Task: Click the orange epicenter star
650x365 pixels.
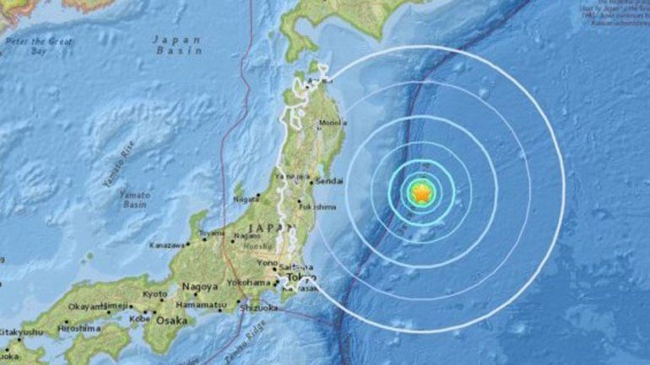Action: pyautogui.click(x=420, y=194)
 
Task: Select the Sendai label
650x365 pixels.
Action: pyautogui.click(x=333, y=180)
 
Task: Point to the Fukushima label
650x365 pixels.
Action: pyautogui.click(x=320, y=207)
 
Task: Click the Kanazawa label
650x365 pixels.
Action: pyautogui.click(x=169, y=244)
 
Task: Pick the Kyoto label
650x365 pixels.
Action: pyautogui.click(x=154, y=294)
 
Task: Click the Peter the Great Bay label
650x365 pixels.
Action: pyautogui.click(x=41, y=46)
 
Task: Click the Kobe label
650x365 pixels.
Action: pyautogui.click(x=140, y=319)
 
